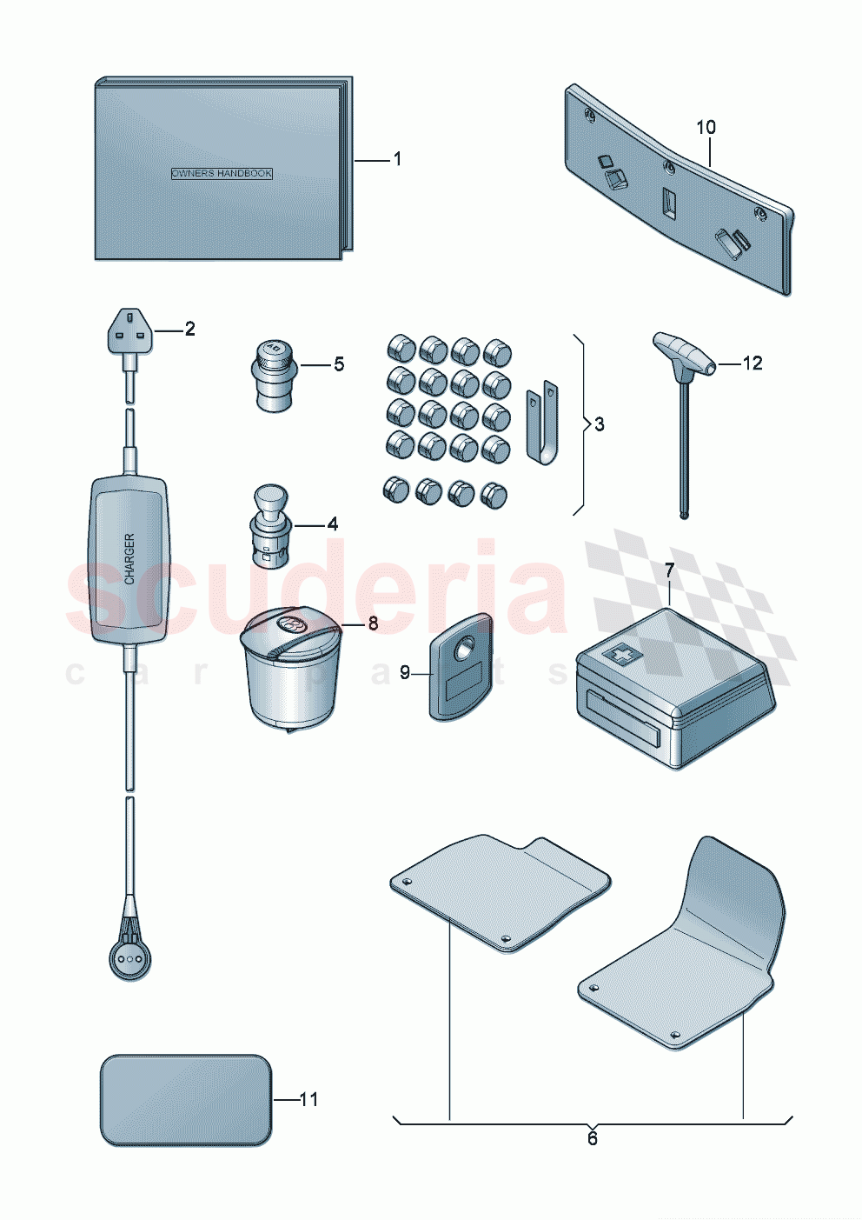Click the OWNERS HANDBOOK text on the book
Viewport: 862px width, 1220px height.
222,174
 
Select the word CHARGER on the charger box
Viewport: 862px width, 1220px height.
129,558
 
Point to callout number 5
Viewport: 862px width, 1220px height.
339,364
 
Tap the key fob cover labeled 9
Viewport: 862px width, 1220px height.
461,668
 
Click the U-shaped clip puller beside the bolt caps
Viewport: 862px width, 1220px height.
543,421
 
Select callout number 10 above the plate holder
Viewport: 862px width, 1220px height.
706,128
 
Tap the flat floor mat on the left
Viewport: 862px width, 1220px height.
500,891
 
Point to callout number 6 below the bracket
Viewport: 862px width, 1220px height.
593,1139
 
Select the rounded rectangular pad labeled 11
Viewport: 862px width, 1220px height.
186,1100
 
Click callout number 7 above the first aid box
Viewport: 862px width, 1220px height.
669,571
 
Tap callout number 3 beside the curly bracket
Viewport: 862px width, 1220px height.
600,424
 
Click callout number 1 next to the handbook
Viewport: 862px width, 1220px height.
397,159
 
